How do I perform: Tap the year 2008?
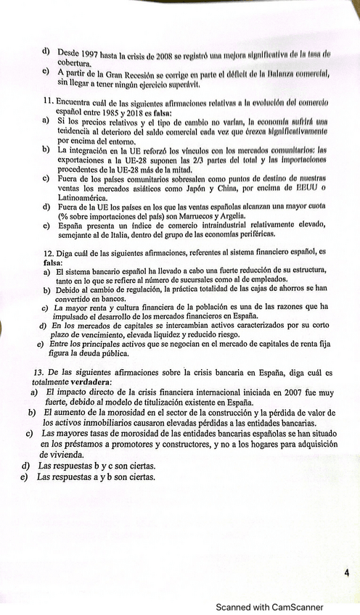177,54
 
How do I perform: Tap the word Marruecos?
206,215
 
